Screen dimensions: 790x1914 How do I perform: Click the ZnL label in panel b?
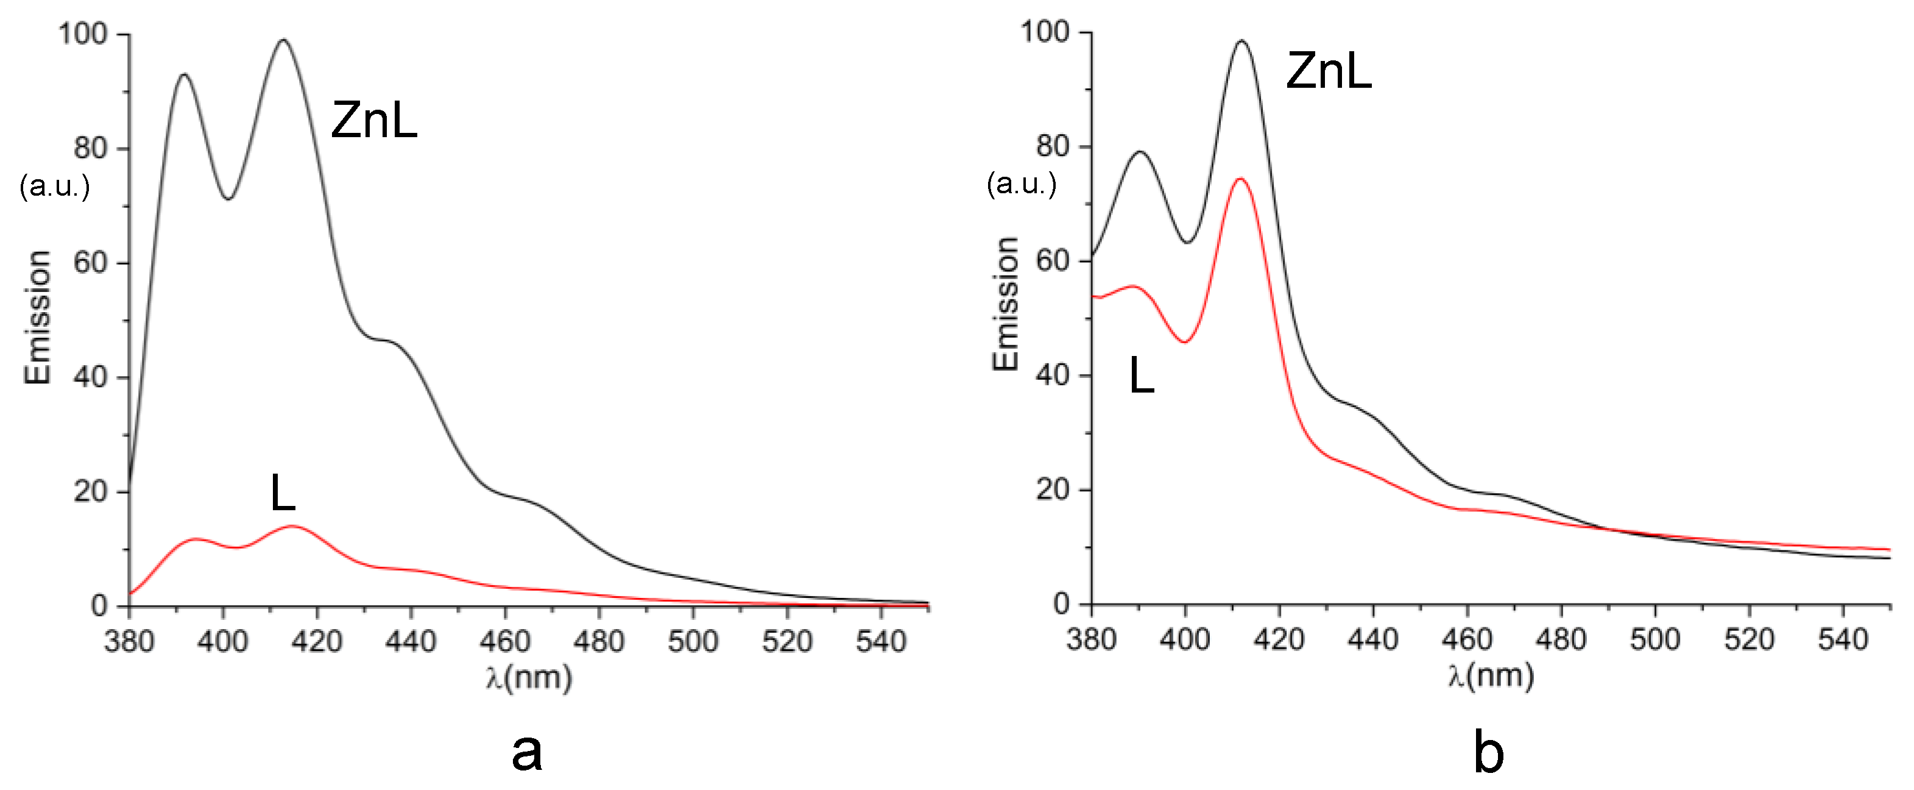pyautogui.click(x=1329, y=71)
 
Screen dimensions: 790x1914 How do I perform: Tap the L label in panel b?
pyautogui.click(x=1141, y=375)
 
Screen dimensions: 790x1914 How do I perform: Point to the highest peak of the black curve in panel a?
pyautogui.click(x=283, y=41)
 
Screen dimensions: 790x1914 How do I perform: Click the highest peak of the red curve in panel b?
pyautogui.click(x=1240, y=179)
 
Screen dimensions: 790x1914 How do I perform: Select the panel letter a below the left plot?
pyautogui.click(x=527, y=752)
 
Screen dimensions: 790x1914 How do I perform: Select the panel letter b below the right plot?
pyautogui.click(x=1488, y=752)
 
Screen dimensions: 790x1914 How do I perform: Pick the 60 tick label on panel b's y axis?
pyautogui.click(x=1053, y=261)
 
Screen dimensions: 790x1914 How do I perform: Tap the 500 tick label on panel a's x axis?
pyautogui.click(x=693, y=641)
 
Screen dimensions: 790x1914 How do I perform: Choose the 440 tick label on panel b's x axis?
pyautogui.click(x=1372, y=639)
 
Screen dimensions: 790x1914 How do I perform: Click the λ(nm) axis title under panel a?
pyautogui.click(x=529, y=677)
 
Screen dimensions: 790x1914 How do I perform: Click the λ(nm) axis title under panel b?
pyautogui.click(x=1491, y=675)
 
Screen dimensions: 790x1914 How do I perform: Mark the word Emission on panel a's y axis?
pyautogui.click(x=38, y=318)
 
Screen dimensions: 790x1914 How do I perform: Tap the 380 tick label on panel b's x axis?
pyautogui.click(x=1091, y=639)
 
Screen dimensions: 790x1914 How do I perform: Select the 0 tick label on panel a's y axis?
pyautogui.click(x=99, y=606)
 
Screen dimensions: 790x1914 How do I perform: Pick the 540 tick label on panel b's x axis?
pyautogui.click(x=1843, y=639)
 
